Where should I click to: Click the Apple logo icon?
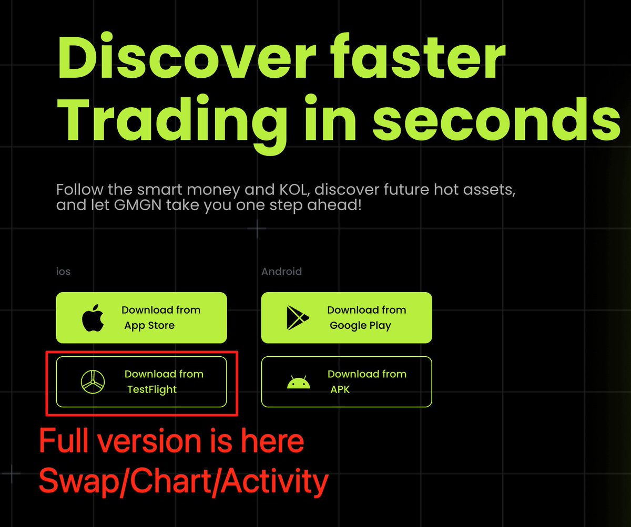[93, 318]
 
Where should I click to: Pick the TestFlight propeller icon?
[93, 381]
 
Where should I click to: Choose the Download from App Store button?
[141, 318]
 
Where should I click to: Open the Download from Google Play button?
[347, 318]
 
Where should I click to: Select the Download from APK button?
[347, 382]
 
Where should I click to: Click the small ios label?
[63, 272]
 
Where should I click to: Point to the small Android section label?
[281, 272]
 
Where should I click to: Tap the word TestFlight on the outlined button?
[152, 390]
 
